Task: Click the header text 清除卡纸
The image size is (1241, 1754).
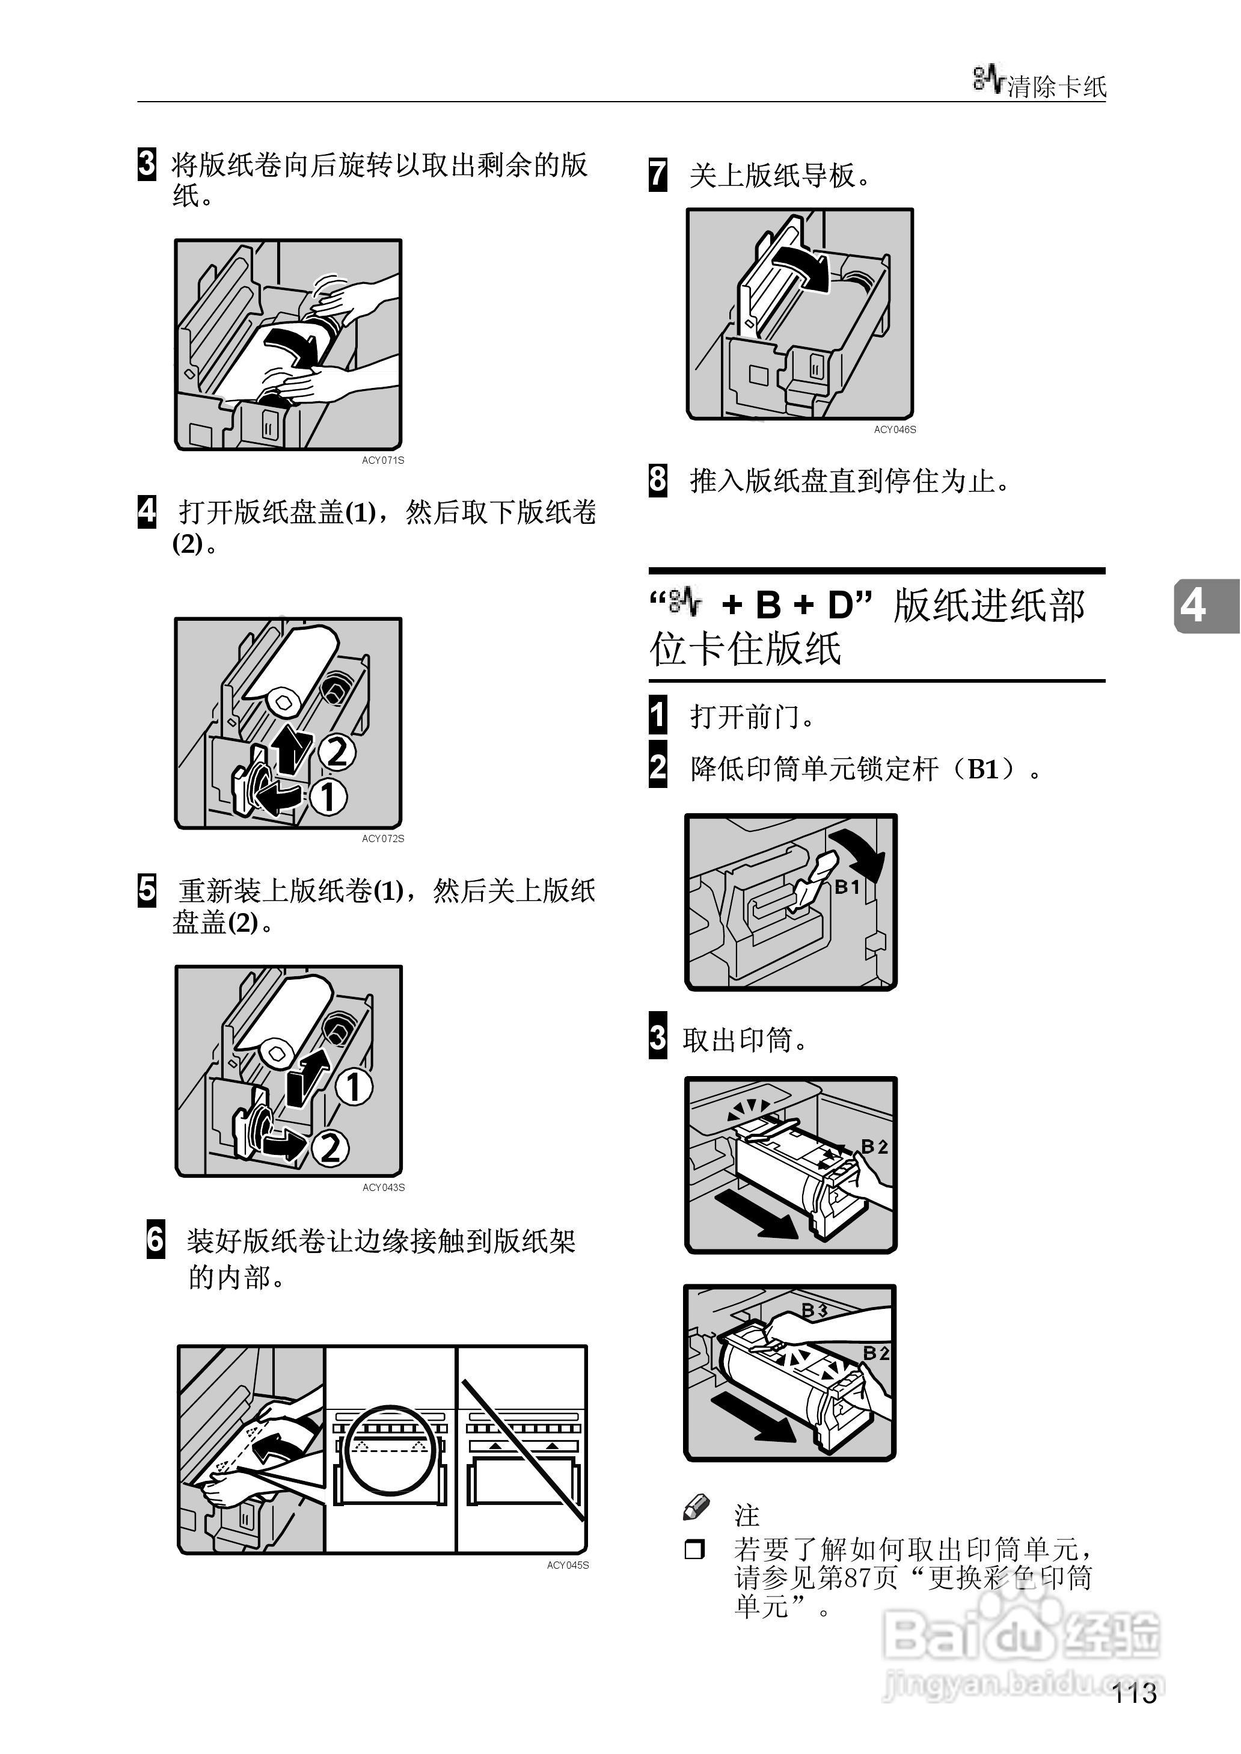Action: coord(1057,87)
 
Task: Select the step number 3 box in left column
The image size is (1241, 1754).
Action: coord(146,164)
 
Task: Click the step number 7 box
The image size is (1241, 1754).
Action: coord(657,174)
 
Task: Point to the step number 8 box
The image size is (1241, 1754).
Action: coord(657,480)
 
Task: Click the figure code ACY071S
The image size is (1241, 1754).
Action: coord(383,460)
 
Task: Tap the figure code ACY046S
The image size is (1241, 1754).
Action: coord(895,429)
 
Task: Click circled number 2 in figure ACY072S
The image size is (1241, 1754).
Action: coord(337,751)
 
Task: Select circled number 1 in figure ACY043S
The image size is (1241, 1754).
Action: coord(354,1087)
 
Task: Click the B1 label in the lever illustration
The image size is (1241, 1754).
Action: coord(847,887)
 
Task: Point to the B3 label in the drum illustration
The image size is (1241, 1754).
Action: coord(814,1310)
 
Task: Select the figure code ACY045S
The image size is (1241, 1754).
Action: coord(567,1565)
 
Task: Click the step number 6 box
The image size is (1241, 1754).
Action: coord(155,1239)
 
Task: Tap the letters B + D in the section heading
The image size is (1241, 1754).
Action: coord(798,605)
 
